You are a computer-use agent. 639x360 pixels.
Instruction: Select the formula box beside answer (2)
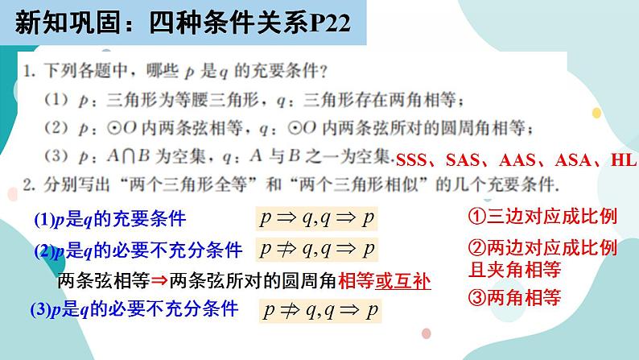tap(316, 249)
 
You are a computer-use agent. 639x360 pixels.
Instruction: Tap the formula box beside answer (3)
tap(321, 309)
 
